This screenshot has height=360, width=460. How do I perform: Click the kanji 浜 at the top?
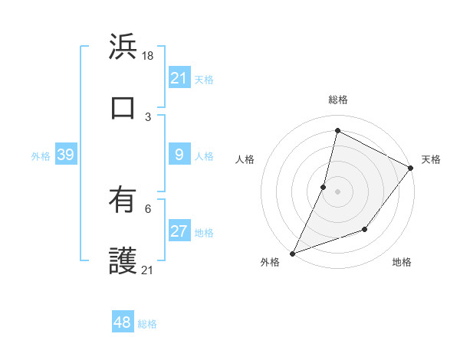point(123,47)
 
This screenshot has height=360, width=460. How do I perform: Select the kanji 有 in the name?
point(123,201)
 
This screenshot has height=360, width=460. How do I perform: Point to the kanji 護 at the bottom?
point(123,261)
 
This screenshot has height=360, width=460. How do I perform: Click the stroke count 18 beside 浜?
point(149,56)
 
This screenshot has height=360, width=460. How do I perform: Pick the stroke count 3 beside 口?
point(148,117)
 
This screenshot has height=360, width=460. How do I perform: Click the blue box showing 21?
point(179,78)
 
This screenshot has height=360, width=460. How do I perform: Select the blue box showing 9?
point(179,155)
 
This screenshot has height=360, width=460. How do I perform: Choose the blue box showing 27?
point(179,232)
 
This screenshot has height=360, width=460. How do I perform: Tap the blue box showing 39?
point(65,155)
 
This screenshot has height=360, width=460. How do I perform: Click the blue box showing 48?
point(123,322)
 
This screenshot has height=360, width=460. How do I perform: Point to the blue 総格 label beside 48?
point(147,324)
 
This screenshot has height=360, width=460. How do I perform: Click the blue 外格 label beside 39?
point(41,156)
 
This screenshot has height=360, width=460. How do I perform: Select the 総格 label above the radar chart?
point(337,100)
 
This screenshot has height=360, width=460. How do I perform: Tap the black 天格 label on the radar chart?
point(431,159)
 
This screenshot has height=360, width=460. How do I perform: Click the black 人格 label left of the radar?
point(245,159)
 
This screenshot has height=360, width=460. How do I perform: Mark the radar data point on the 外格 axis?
point(292,253)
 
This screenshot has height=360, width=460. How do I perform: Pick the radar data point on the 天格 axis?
point(411,168)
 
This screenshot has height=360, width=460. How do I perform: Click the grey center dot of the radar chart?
point(337,191)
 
